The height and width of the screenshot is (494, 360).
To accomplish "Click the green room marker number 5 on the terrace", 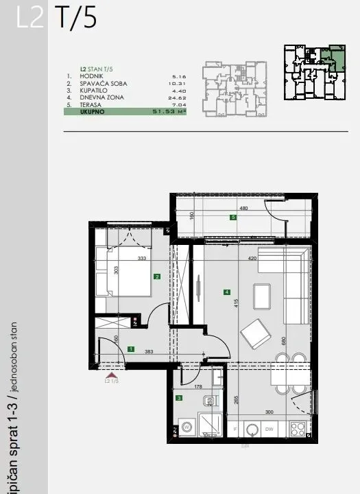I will (x=233, y=217).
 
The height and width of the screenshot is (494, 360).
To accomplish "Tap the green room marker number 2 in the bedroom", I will (x=157, y=277).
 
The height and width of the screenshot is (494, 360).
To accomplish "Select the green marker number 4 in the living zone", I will (x=226, y=292).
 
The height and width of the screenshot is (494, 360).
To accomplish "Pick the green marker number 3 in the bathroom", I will (x=179, y=397).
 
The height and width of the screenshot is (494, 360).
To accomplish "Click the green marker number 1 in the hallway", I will (x=130, y=349).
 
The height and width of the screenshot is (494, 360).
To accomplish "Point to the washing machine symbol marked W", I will (x=187, y=426).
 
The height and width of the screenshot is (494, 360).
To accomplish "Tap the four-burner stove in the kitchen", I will (x=297, y=429).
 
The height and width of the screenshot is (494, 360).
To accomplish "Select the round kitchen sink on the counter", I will (x=252, y=430).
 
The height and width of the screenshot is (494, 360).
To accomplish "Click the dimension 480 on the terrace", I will (x=243, y=209).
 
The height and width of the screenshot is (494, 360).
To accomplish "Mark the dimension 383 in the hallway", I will (x=148, y=351).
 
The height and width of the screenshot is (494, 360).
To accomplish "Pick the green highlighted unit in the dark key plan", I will (x=336, y=56).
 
